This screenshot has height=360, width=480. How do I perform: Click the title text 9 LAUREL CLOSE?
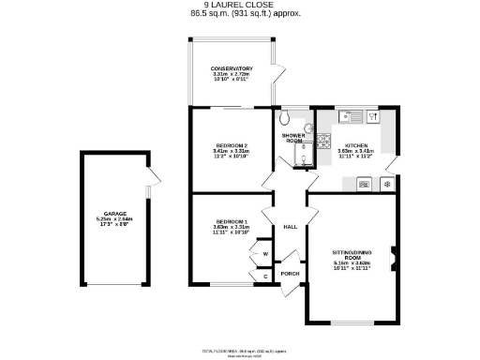[239, 5]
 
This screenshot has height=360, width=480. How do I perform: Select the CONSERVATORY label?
[232, 68]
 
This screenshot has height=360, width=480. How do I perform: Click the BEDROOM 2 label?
[231, 146]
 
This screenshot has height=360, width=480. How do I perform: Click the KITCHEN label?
[355, 146]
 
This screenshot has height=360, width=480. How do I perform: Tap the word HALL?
[291, 227]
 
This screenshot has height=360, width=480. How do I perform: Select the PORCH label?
[290, 274]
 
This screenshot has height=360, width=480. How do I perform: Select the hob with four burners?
[324, 142]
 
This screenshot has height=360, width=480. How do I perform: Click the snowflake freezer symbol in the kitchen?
[387, 185]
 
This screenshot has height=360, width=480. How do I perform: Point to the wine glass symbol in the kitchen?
[373, 117]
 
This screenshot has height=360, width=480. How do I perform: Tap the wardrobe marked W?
[265, 253]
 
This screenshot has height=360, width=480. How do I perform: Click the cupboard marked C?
[265, 276]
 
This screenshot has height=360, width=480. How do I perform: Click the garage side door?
[154, 178]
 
